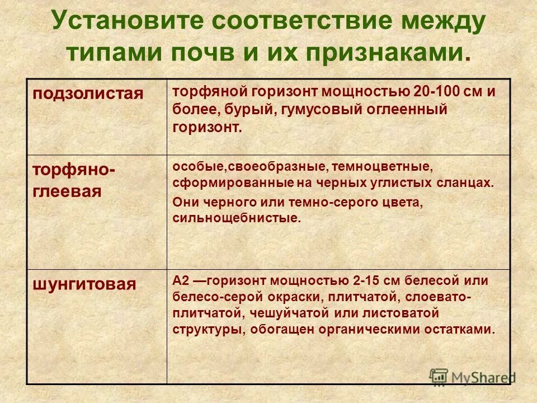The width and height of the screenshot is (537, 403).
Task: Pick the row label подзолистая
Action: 88,93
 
